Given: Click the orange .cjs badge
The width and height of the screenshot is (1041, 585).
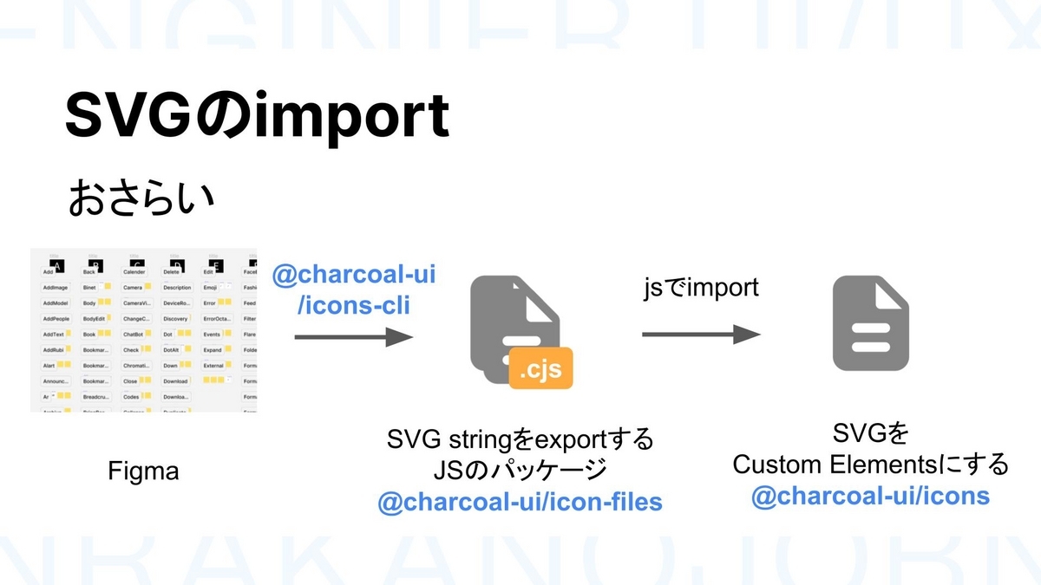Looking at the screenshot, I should (x=540, y=371).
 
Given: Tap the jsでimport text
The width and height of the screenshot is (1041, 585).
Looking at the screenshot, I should (x=701, y=288).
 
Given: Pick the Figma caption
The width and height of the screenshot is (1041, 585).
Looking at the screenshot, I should (x=143, y=471).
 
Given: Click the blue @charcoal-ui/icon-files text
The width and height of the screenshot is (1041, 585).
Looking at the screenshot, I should (x=520, y=500).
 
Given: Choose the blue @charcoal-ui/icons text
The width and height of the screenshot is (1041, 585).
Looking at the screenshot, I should (x=870, y=495).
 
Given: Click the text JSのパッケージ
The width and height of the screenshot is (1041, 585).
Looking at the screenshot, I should (x=520, y=471).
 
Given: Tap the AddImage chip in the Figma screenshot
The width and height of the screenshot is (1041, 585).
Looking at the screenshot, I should (x=56, y=288).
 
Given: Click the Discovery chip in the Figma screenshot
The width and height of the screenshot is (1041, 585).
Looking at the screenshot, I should (x=176, y=319).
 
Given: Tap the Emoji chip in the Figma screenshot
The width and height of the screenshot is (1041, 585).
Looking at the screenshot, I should (x=210, y=288).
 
